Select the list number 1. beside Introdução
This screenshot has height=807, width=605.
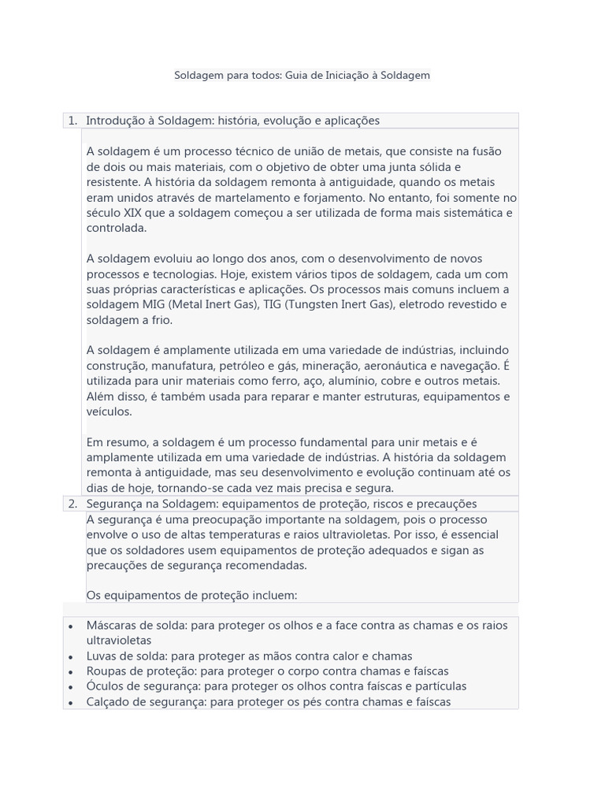pyautogui.click(x=72, y=121)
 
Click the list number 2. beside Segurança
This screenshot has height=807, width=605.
pyautogui.click(x=72, y=504)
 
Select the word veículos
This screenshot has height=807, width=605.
pyautogui.click(x=109, y=411)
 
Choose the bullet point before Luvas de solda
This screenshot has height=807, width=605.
pyautogui.click(x=71, y=656)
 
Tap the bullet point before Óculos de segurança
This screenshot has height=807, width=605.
pyautogui.click(x=71, y=686)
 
